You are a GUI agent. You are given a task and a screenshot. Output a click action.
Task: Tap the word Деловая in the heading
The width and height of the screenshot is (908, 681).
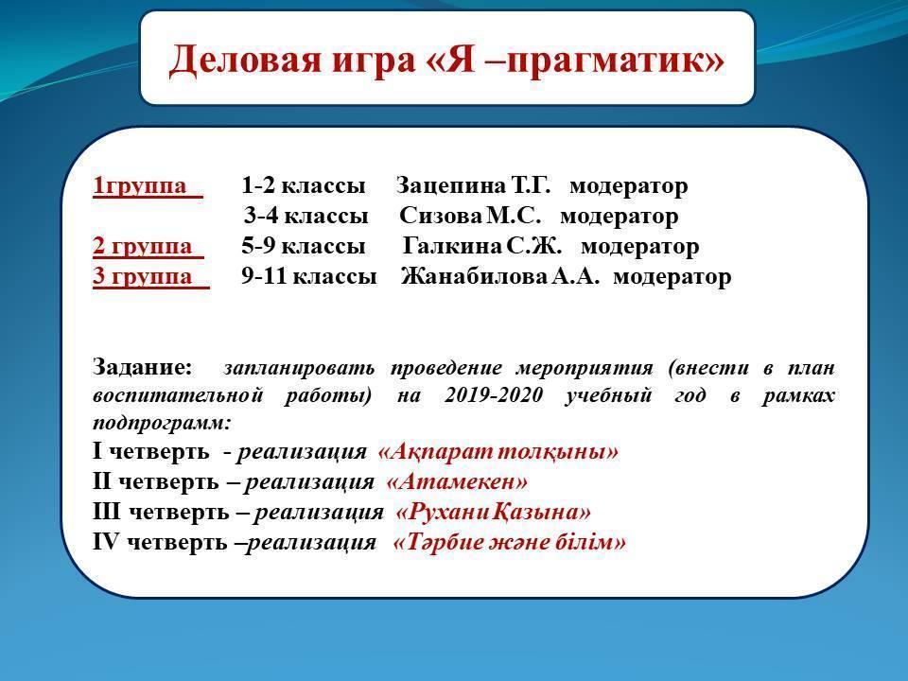pos(245,59)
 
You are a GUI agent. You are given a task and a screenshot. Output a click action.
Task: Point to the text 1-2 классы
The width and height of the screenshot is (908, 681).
pos(303,186)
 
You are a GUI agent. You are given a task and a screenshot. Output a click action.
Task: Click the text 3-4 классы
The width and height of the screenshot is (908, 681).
pos(306,216)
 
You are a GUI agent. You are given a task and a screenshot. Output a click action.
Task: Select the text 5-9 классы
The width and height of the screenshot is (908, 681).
pos(303,246)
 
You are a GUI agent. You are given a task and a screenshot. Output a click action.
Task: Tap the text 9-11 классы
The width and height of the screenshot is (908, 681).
pos(308,276)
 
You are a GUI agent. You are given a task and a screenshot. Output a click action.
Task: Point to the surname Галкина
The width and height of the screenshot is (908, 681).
pos(452,246)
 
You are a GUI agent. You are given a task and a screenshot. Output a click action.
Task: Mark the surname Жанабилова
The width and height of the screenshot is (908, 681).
pos(474,276)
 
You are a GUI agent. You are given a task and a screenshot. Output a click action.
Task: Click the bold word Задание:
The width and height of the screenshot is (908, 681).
pos(142,367)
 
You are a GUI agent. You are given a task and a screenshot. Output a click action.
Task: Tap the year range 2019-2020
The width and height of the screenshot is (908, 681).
pos(494,395)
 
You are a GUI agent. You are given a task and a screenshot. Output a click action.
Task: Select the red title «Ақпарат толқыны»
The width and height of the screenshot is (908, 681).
pos(498,452)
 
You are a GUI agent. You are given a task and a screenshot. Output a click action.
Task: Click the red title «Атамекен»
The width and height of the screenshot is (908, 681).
pos(457,481)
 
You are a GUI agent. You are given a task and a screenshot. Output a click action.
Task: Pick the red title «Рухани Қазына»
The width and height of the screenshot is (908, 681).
pos(494,512)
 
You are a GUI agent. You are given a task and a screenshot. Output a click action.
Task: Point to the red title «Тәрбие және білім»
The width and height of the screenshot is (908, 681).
pos(510,542)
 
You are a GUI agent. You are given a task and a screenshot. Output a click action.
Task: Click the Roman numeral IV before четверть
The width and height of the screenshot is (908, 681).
pos(105,542)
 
